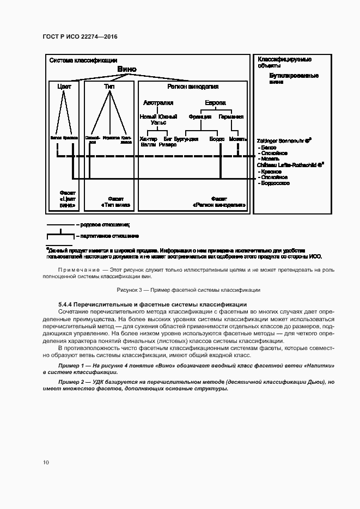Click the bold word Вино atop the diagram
[127, 70]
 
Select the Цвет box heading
[64, 87]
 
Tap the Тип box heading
[109, 87]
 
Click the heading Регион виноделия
[193, 87]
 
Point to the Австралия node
[158, 103]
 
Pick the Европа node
[215, 103]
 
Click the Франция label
[200, 116]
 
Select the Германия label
[231, 116]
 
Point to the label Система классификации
[83, 60]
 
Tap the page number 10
[46, 462]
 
